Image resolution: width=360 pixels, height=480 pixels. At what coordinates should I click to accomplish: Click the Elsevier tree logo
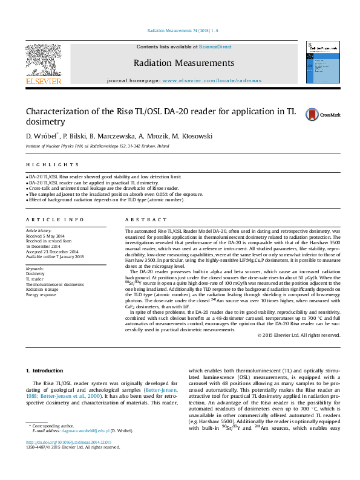click(43, 60)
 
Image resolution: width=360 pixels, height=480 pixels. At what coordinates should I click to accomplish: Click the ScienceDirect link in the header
click(216, 47)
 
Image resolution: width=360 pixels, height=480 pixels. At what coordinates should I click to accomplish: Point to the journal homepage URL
click(205, 80)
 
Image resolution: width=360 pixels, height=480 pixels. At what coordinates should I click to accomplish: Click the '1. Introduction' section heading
click(47, 370)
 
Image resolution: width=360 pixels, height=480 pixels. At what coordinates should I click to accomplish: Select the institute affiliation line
click(97, 146)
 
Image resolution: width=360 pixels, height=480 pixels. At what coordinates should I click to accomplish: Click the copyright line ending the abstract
click(299, 336)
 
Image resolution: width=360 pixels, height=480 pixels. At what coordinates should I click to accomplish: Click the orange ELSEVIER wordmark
click(43, 81)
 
